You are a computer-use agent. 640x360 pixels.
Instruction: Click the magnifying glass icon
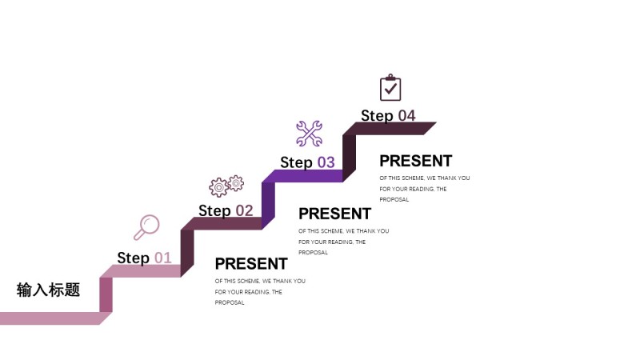pyautogui.click(x=146, y=227)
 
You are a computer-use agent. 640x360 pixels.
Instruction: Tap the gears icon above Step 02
pyautogui.click(x=226, y=186)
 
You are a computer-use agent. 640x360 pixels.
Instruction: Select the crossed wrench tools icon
pyautogui.click(x=309, y=134)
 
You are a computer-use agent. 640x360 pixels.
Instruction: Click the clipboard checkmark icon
pyautogui.click(x=390, y=88)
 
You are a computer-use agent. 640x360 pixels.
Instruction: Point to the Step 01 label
pyautogui.click(x=144, y=258)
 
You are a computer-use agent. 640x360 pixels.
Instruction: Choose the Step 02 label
pyautogui.click(x=226, y=211)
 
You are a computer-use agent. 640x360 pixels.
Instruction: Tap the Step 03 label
pyautogui.click(x=307, y=162)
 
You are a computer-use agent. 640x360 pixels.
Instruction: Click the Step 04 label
pyautogui.click(x=388, y=116)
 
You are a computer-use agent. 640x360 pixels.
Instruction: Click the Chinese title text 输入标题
pyautogui.click(x=49, y=290)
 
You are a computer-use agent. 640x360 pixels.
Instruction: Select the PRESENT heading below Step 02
pyautogui.click(x=251, y=263)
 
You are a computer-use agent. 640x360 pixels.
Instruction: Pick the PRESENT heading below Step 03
pyautogui.click(x=334, y=214)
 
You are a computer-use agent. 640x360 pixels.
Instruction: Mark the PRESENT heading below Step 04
pyautogui.click(x=415, y=161)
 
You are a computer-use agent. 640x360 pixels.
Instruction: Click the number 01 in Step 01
pyautogui.click(x=162, y=258)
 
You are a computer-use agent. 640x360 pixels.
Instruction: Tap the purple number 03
pyautogui.click(x=326, y=162)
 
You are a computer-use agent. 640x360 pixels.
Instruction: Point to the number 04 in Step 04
pyautogui.click(x=406, y=116)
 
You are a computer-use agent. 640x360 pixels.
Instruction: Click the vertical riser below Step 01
pyautogui.click(x=106, y=294)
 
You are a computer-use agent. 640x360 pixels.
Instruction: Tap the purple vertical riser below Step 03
pyautogui.click(x=268, y=201)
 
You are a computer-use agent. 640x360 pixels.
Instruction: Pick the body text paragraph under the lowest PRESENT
pyautogui.click(x=260, y=291)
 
